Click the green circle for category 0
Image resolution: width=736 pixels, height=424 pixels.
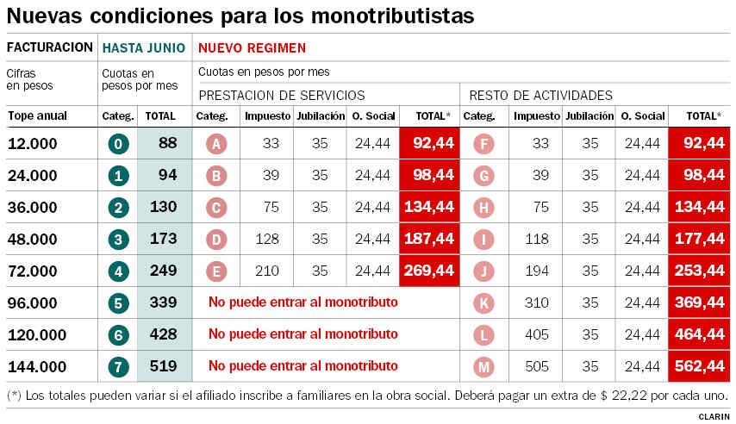click(118, 144)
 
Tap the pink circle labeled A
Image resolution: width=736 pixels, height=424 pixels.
click(216, 144)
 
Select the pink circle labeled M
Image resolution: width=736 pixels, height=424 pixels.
click(484, 367)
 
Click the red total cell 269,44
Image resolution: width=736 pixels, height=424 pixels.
click(429, 271)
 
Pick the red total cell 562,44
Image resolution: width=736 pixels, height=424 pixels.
click(700, 367)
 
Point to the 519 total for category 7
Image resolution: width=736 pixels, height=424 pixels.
click(164, 366)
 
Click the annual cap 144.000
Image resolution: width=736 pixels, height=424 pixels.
click(37, 367)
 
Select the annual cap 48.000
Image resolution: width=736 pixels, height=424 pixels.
click(33, 239)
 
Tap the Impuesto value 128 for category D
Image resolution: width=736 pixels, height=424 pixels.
click(267, 239)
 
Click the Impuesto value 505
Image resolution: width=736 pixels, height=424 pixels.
click(537, 366)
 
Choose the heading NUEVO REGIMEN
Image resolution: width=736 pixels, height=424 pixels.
click(252, 48)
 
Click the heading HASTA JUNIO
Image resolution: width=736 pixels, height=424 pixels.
click(144, 48)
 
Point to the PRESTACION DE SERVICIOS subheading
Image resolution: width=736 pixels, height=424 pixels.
click(282, 96)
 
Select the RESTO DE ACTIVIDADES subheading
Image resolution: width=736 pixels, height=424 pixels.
click(540, 96)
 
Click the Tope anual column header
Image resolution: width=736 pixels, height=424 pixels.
click(38, 116)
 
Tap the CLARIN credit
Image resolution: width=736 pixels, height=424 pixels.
click(714, 417)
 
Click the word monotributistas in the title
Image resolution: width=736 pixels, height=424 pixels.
click(392, 16)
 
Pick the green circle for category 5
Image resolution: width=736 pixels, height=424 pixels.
click(118, 303)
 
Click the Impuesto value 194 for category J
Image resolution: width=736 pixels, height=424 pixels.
click(537, 271)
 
